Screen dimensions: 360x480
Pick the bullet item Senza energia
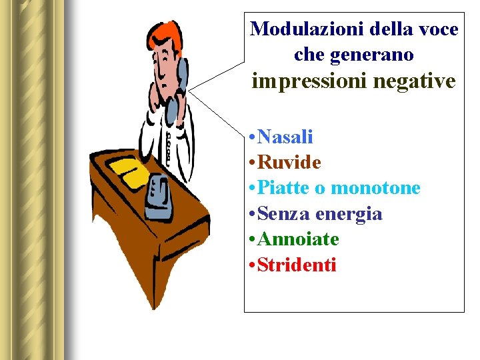[319, 214]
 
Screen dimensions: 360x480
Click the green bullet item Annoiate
[298, 239]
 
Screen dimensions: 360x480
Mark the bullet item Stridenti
[297, 265]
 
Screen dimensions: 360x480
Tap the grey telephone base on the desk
[160, 197]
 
